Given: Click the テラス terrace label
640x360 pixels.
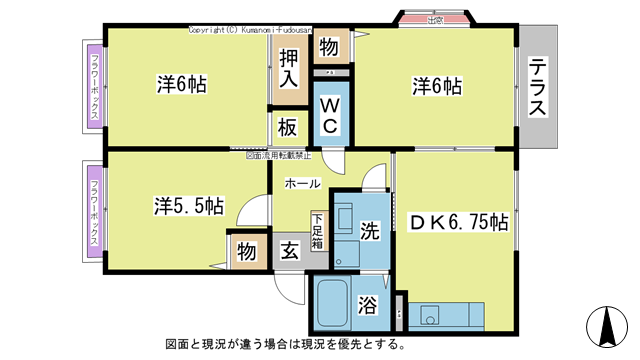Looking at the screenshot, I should point(538,88).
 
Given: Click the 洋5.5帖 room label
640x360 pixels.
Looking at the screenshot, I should point(188,205).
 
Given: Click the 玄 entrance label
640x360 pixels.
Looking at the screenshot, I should point(288,250).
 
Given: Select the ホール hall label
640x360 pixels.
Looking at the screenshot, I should point(303,184).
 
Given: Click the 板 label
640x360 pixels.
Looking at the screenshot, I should point(288,127).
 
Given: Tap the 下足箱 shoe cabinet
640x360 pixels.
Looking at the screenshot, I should point(317,232).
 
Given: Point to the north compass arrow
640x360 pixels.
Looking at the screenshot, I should point(606,324).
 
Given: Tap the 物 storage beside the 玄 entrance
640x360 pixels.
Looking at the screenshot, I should point(246,252).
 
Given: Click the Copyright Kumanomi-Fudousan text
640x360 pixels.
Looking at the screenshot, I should point(263,31).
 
